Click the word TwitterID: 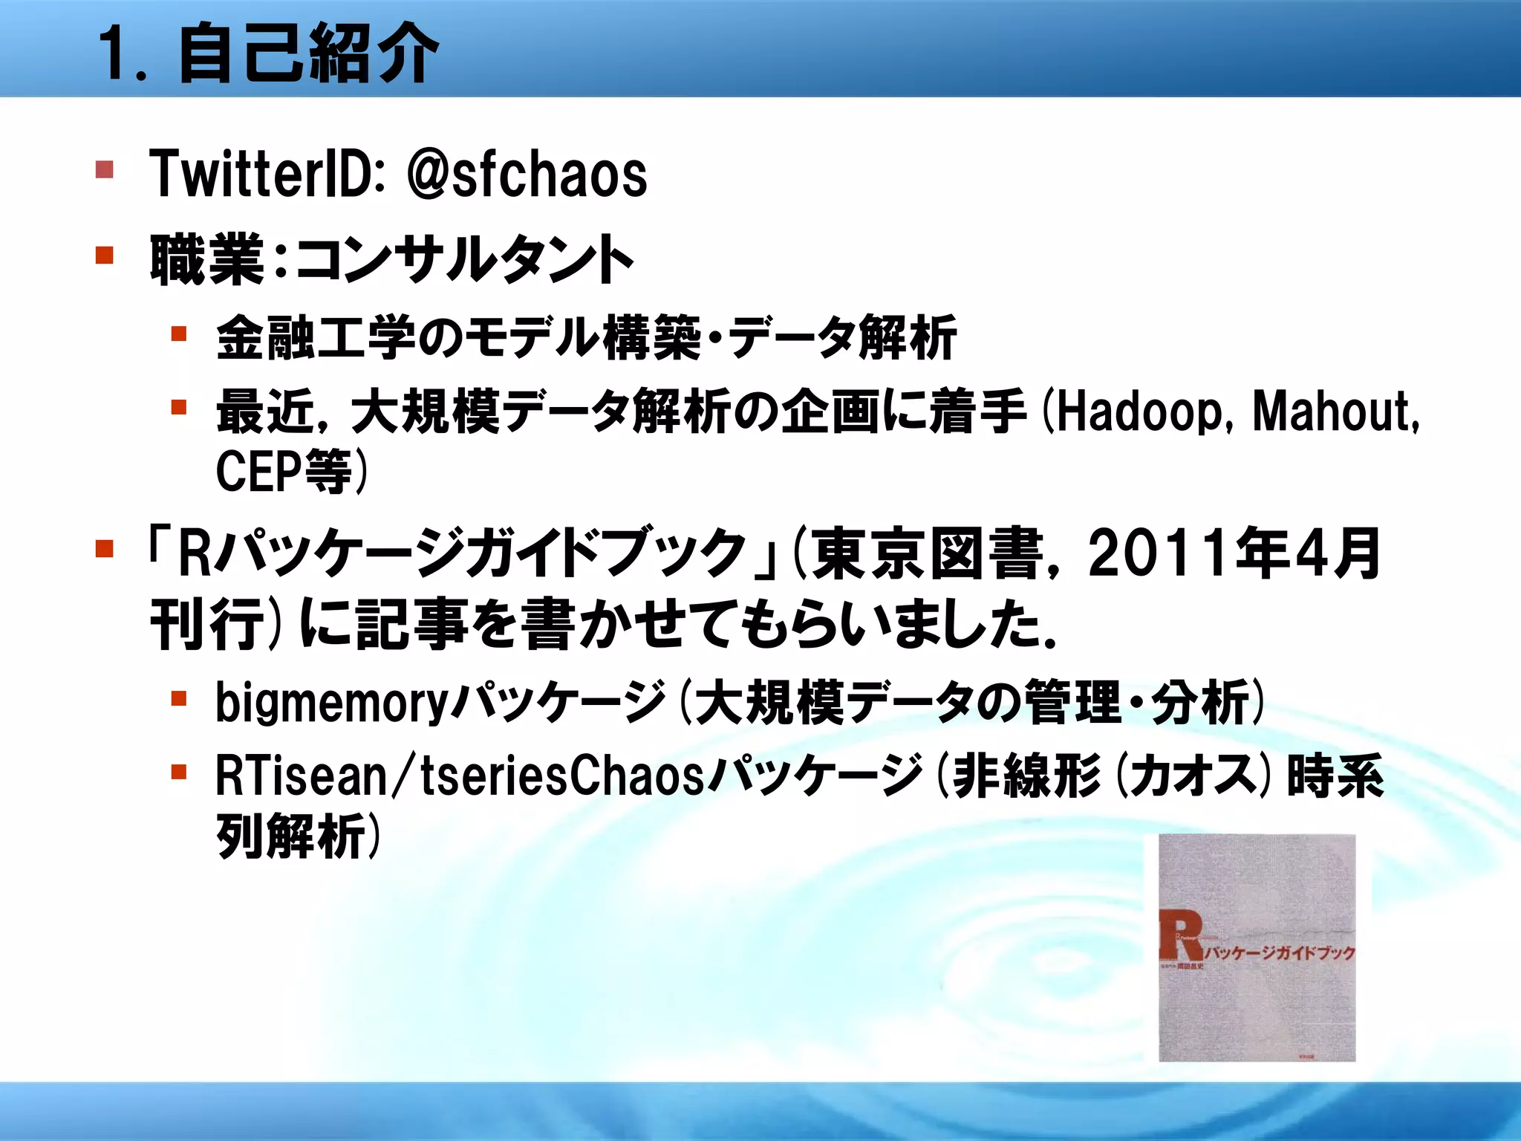[267, 175]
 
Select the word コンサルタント [465, 259]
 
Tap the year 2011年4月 [1234, 553]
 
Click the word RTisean [302, 776]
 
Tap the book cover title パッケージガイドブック [1279, 953]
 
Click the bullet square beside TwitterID [105, 170]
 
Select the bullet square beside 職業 [105, 256]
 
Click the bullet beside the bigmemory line [178, 698]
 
